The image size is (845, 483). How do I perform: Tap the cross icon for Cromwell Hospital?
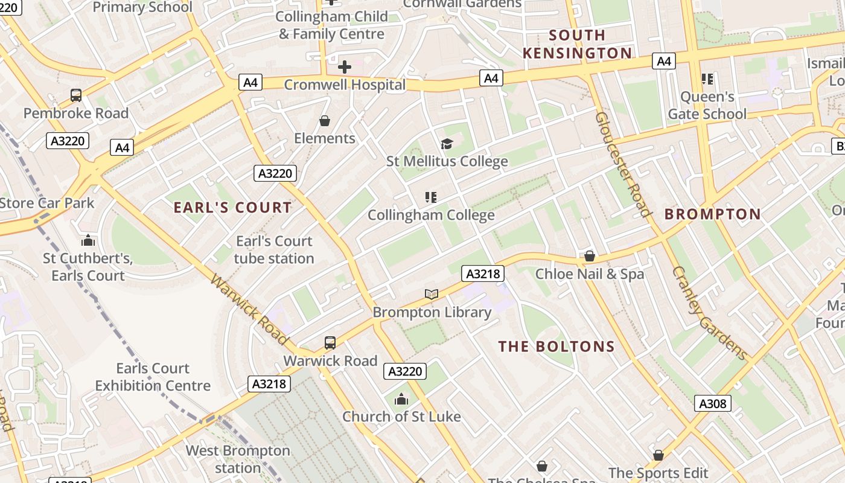click(x=345, y=66)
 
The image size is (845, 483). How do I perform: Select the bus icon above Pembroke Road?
click(x=76, y=95)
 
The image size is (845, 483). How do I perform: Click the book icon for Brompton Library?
click(x=431, y=294)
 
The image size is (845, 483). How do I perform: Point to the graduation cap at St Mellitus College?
click(x=447, y=144)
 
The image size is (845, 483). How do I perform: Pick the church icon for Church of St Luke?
click(x=401, y=399)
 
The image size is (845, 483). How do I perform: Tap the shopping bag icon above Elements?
click(x=325, y=121)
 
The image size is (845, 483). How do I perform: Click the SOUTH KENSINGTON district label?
click(x=577, y=44)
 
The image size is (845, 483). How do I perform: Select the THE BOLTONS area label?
click(x=556, y=347)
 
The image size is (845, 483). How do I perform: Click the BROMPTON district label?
click(x=713, y=214)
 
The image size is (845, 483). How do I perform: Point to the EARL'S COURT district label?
click(x=232, y=208)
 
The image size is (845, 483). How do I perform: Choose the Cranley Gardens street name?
click(x=709, y=313)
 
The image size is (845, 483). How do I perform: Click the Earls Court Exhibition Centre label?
click(x=153, y=377)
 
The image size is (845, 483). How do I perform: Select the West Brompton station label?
click(x=238, y=459)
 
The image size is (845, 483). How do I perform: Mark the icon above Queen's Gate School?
click(x=707, y=78)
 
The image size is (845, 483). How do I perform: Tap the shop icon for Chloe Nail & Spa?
click(x=590, y=256)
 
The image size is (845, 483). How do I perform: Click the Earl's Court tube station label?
click(x=274, y=249)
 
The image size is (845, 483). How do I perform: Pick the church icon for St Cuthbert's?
click(x=88, y=241)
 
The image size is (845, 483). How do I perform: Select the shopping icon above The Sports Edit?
click(x=658, y=455)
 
